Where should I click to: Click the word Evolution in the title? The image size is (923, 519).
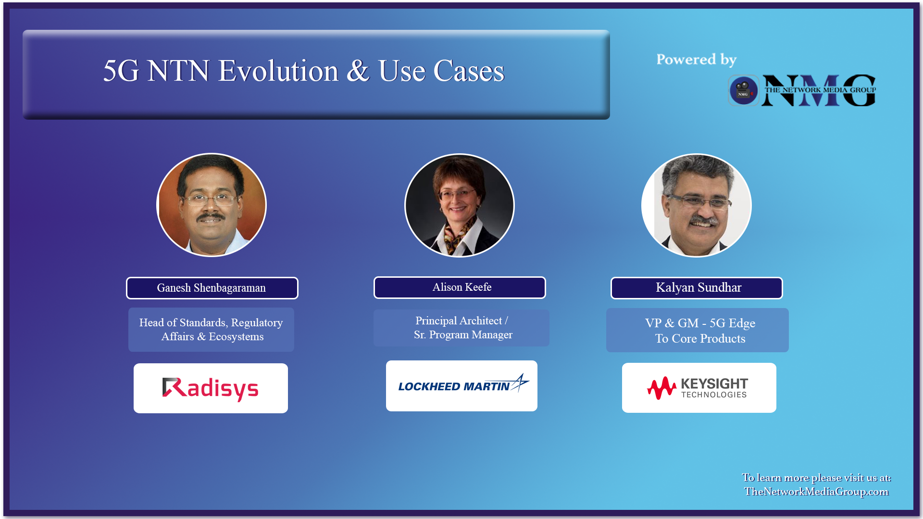pos(279,71)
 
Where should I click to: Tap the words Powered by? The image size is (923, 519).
pos(696,60)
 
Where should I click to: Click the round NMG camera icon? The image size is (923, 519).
pos(743,90)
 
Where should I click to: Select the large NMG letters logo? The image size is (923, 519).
pos(819,90)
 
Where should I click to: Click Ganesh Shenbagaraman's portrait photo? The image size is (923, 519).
pos(212,205)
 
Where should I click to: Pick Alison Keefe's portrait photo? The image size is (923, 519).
pos(460,205)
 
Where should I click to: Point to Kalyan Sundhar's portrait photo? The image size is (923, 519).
pos(697,205)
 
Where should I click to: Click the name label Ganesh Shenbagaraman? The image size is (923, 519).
pos(212,288)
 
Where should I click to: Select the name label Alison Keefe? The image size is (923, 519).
pos(460,287)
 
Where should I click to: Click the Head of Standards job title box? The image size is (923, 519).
pos(211,330)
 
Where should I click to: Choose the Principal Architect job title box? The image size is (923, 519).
pos(461,328)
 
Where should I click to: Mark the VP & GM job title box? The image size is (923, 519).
pos(698,331)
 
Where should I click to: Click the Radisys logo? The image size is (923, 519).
pos(211,388)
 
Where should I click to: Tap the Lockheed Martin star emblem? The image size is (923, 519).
pos(520,383)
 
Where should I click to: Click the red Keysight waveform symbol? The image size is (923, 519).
pos(661,388)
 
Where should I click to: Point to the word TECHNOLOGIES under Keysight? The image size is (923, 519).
pos(714,395)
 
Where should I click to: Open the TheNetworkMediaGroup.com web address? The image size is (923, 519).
pos(816,492)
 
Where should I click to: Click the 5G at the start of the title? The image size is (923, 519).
pos(121,71)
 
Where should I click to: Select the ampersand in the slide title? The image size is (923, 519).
pos(358,71)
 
